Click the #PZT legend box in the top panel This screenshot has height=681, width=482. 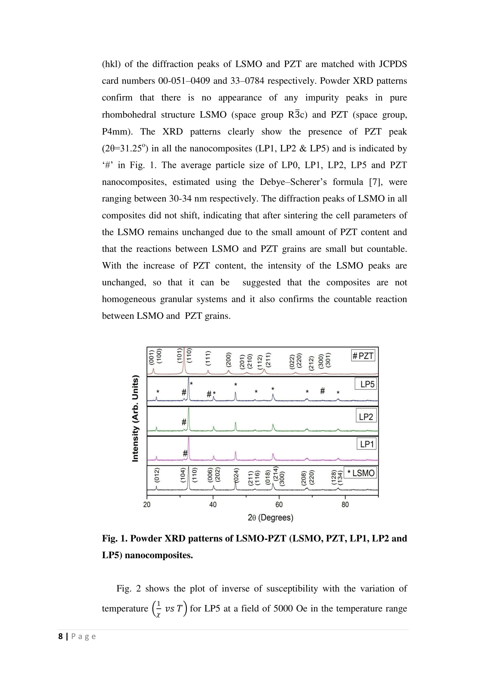tap(363, 355)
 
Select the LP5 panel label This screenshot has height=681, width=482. tap(367, 384)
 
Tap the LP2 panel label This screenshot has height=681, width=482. tap(366, 417)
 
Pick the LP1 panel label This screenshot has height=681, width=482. tap(367, 444)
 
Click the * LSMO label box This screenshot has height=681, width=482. tap(360, 473)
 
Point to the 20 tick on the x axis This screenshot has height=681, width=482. tap(147, 505)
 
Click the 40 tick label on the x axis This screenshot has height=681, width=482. tap(213, 505)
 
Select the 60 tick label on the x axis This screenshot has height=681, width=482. tap(279, 505)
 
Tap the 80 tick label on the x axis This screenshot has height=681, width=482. tap(345, 505)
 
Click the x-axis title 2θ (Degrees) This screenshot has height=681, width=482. tap(270, 518)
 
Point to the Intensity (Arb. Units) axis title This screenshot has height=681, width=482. tap(135, 418)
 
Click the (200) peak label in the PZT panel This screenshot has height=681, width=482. tap(228, 360)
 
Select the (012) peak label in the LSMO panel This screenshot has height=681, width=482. tap(157, 475)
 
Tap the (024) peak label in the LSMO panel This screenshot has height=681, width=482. tap(237, 475)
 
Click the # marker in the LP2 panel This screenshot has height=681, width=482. tap(184, 422)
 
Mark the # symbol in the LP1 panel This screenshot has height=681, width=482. tap(185, 453)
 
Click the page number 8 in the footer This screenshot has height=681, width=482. tap(61, 636)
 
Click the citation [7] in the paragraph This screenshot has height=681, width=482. tap(375, 182)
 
